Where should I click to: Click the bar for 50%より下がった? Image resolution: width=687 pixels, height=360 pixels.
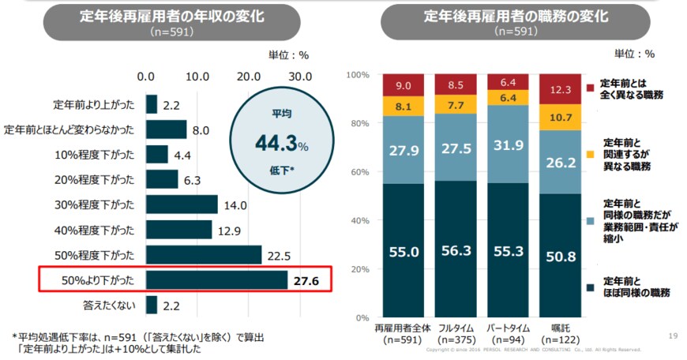click(216, 280)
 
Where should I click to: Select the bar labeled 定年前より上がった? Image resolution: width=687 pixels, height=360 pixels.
click(151, 104)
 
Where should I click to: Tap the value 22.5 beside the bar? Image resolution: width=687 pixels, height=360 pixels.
click(277, 255)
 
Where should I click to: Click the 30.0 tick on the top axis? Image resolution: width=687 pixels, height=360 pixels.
click(300, 77)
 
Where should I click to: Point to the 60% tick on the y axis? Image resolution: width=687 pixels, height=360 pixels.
click(359, 171)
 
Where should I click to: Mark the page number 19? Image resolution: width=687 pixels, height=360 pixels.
click(673, 335)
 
